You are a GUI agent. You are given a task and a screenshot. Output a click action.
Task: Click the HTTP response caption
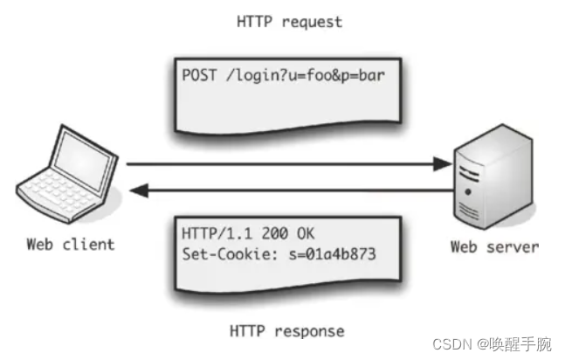pos(286,330)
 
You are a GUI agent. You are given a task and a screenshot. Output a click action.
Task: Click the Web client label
pos(70,244)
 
